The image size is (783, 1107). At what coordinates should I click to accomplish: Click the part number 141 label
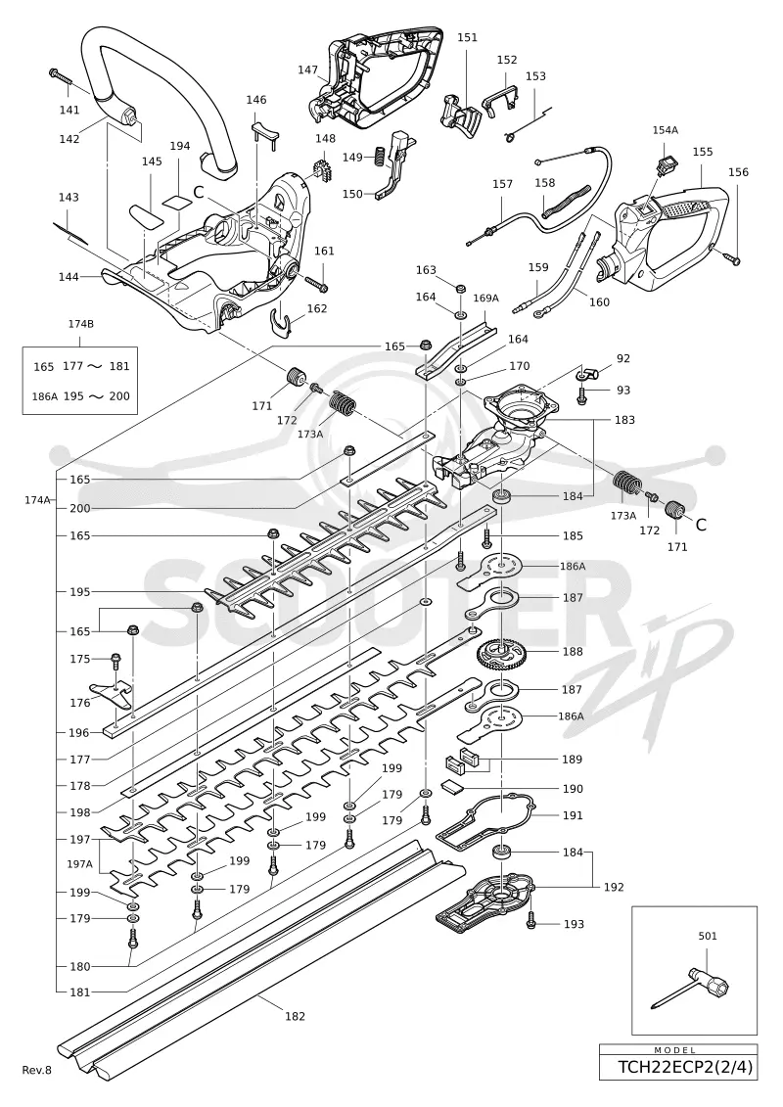69,110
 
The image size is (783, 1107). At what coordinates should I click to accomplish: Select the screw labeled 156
731,257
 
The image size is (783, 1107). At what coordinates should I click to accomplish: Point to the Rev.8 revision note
37,1070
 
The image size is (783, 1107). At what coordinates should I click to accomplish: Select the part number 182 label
296,1016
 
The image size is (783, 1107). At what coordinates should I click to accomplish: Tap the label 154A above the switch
666,130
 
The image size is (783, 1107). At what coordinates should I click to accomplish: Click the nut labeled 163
460,288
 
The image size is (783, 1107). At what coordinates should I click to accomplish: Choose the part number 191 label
573,815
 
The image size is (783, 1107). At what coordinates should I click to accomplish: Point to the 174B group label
80,324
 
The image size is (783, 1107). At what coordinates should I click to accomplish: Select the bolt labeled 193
531,921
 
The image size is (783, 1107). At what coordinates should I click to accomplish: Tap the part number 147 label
307,69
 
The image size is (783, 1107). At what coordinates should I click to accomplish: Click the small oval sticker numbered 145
146,214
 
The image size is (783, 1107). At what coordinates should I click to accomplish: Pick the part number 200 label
80,508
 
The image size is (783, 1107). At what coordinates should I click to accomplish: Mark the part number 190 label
573,789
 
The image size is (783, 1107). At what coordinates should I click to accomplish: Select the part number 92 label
622,358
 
